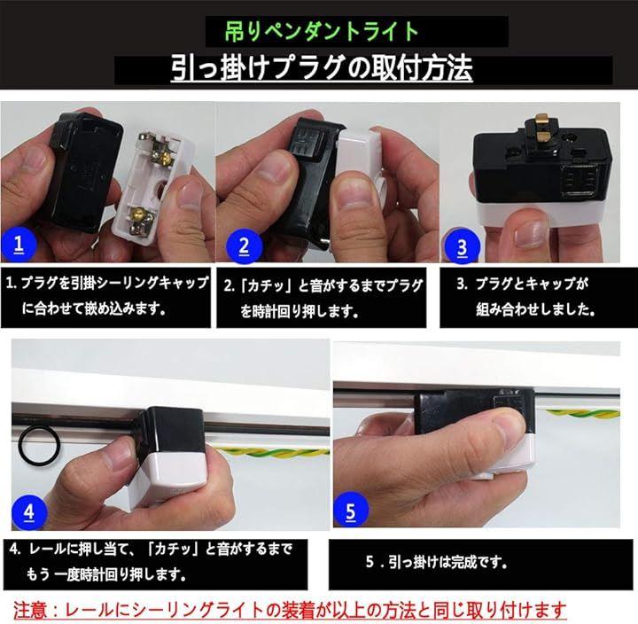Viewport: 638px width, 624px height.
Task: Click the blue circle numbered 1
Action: point(19,245)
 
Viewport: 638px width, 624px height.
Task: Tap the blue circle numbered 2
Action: point(244,246)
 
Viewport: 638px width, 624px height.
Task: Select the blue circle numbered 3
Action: point(462,246)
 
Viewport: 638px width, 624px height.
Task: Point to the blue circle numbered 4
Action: point(29,512)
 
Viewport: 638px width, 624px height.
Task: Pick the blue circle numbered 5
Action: point(351,510)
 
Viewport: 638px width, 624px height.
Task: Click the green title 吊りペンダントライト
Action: point(322,31)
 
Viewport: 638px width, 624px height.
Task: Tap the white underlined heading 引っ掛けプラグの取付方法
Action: point(322,67)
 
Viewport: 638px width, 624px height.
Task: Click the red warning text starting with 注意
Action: point(290,610)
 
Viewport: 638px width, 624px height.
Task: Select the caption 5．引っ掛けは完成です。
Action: point(437,563)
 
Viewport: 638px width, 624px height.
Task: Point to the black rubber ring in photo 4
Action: point(40,446)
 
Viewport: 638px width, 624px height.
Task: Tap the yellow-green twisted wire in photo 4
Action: point(272,452)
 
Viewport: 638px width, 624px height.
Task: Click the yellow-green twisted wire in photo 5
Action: point(582,414)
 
